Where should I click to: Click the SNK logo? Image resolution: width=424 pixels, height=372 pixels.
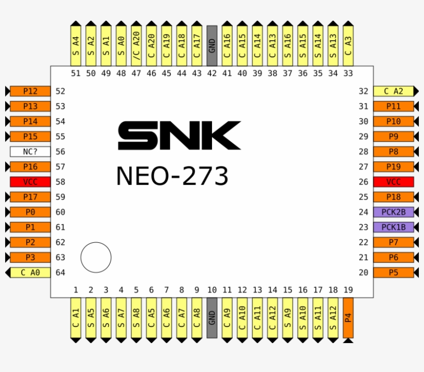[x=179, y=135]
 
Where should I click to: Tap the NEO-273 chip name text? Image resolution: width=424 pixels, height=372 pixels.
[x=172, y=176]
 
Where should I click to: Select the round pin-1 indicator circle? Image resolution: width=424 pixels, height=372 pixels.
[x=96, y=257]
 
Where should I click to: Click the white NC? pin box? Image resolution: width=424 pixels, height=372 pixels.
[x=30, y=152]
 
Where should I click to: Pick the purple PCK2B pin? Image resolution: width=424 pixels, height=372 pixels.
[x=393, y=212]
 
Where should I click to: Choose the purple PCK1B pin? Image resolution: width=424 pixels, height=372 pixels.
[x=393, y=227]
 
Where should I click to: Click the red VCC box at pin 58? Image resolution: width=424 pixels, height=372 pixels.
[x=30, y=182]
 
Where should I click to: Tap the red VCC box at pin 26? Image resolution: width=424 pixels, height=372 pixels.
[x=393, y=182]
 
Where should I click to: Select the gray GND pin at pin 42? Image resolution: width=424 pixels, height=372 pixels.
[x=211, y=45]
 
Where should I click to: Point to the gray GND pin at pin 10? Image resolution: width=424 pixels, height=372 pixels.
[x=211, y=318]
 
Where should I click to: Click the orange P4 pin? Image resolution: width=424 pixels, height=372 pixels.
[x=348, y=318]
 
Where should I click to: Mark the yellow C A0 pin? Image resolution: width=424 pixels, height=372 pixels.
[x=30, y=273]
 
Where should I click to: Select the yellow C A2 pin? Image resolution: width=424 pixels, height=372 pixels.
[x=393, y=91]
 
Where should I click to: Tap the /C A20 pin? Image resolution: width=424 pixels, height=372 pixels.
[x=136, y=45]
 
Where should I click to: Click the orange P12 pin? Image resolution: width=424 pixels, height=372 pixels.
[x=30, y=91]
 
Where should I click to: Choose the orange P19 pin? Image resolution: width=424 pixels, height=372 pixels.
[x=393, y=167]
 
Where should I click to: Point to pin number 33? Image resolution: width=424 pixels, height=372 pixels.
[x=348, y=73]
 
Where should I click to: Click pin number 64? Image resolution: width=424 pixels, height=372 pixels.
[x=60, y=273]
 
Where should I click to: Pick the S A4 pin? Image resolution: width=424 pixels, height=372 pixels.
[x=75, y=45]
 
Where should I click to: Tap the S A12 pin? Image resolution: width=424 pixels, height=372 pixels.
[x=333, y=318]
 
